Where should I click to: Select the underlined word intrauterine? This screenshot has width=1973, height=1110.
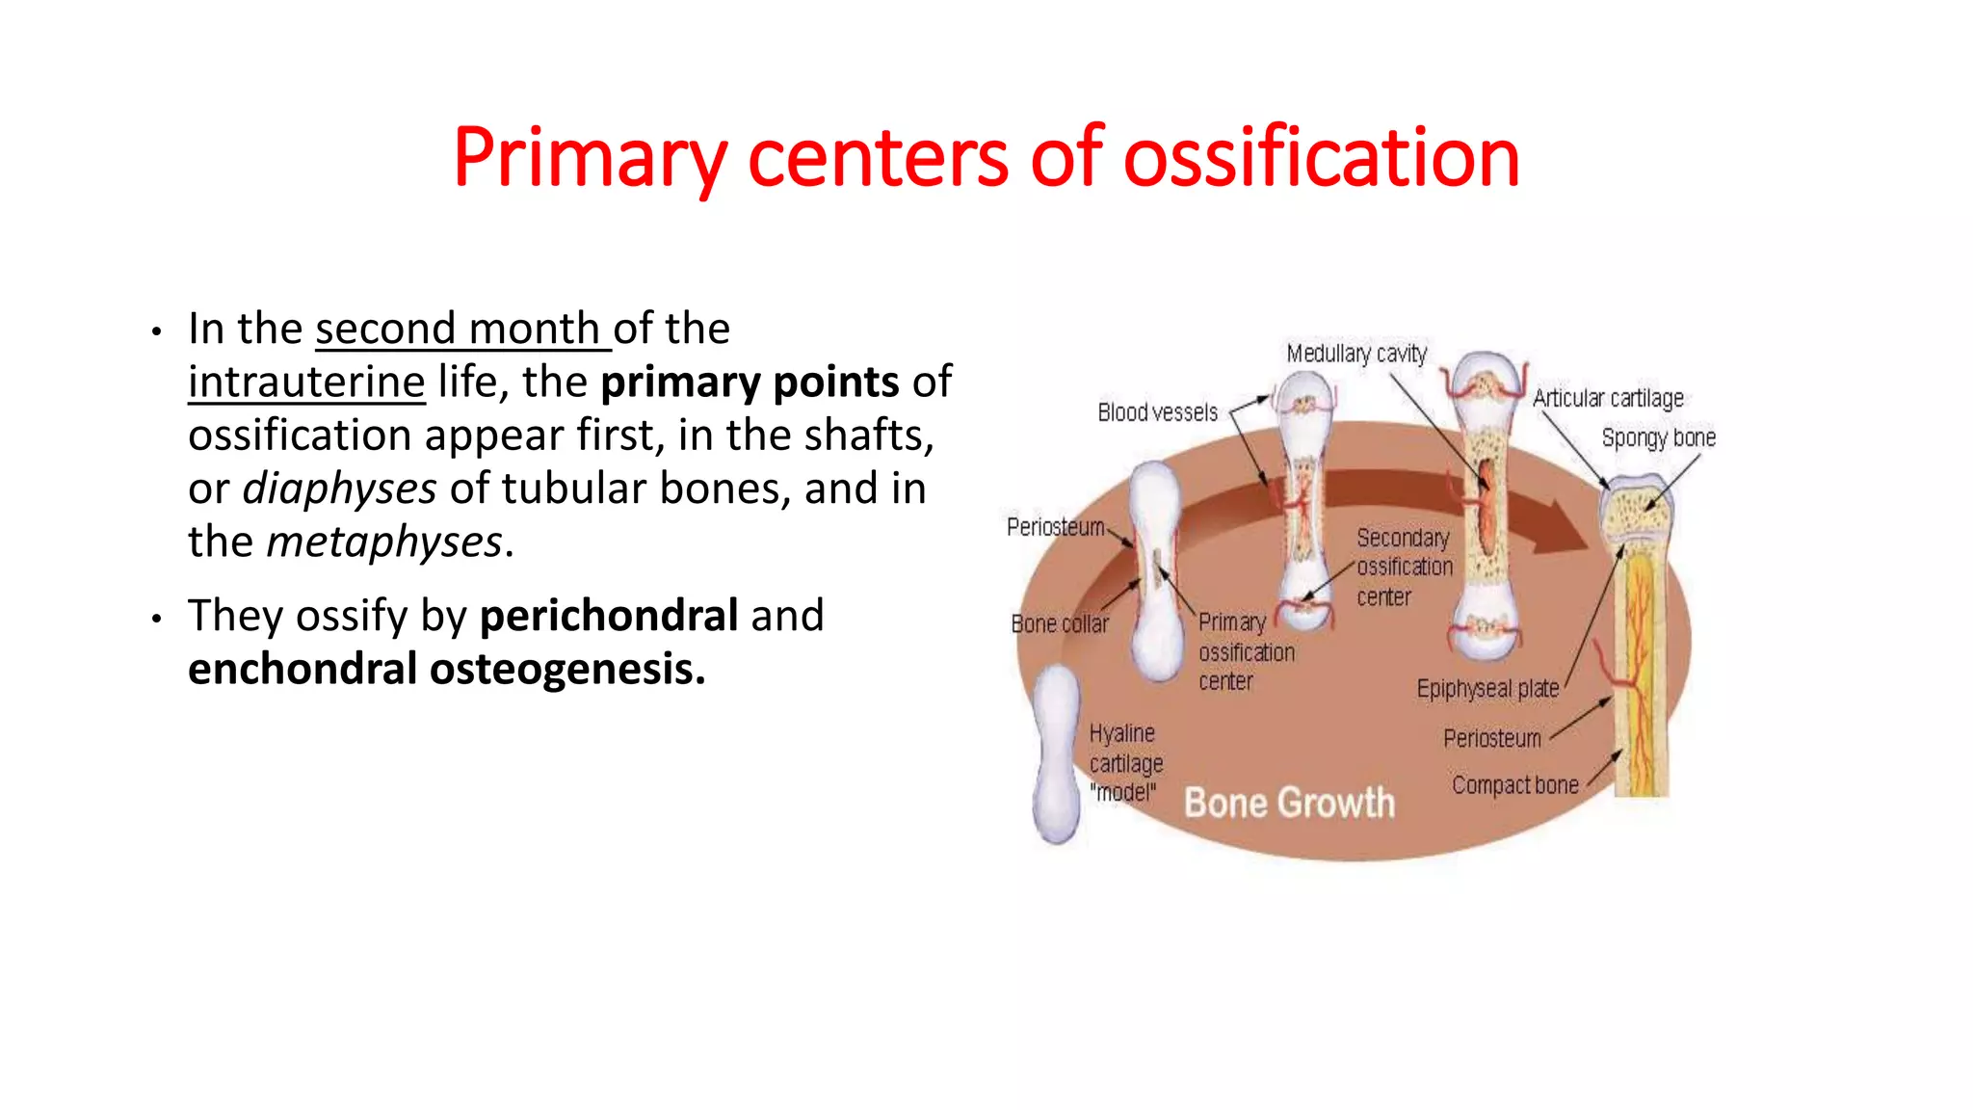click(x=306, y=383)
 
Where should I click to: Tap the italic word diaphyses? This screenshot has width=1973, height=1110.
click(x=339, y=489)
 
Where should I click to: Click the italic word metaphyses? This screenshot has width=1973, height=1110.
click(x=384, y=542)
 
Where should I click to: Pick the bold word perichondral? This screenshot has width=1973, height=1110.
click(x=609, y=616)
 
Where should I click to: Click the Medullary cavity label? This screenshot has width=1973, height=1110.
click(x=1356, y=354)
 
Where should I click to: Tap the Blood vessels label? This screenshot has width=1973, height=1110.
click(x=1157, y=413)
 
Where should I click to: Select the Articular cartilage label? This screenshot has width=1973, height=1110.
click(x=1608, y=398)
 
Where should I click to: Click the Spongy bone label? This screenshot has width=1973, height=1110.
click(x=1658, y=437)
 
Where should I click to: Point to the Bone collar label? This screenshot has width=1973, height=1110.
click(x=1060, y=624)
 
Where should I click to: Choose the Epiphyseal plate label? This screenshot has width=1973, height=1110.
click(x=1487, y=689)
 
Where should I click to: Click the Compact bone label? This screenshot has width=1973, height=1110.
click(x=1514, y=785)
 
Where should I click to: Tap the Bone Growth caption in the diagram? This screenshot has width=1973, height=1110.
click(x=1289, y=803)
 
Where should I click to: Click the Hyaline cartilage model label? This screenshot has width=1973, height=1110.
click(x=1125, y=763)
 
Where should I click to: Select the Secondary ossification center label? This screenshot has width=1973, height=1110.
click(x=1404, y=567)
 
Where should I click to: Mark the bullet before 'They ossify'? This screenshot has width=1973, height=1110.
click(x=157, y=618)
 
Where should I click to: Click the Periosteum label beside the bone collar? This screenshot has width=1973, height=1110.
click(x=1055, y=527)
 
